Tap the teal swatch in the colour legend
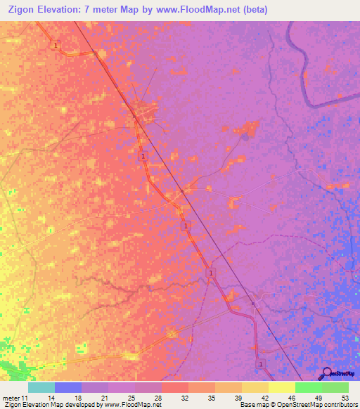41,387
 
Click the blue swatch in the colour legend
67,387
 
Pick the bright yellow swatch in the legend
281,387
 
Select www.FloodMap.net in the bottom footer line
131,405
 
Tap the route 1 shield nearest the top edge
56,45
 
